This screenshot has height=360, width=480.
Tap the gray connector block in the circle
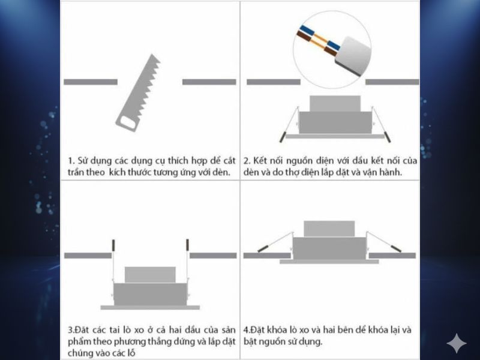(x=353, y=56)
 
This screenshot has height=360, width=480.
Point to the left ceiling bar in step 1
(x=91, y=82)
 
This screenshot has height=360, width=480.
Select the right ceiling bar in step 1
(x=209, y=82)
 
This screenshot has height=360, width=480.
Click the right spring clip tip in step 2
(x=387, y=137)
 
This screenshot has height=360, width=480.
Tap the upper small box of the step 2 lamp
(x=335, y=103)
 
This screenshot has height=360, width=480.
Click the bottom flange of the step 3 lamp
(x=150, y=307)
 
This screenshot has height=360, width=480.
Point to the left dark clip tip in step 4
(x=263, y=248)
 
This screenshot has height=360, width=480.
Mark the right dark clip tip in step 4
(x=396, y=248)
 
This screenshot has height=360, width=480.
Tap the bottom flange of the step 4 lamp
(x=329, y=262)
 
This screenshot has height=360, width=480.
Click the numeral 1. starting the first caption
(x=71, y=161)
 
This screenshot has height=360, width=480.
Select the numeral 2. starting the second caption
(x=247, y=161)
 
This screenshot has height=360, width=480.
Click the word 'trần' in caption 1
(x=76, y=172)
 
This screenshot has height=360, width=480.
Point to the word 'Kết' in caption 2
(x=260, y=161)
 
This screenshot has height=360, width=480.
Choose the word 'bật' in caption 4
(x=250, y=341)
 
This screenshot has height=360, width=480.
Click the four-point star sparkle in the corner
(x=457, y=343)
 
